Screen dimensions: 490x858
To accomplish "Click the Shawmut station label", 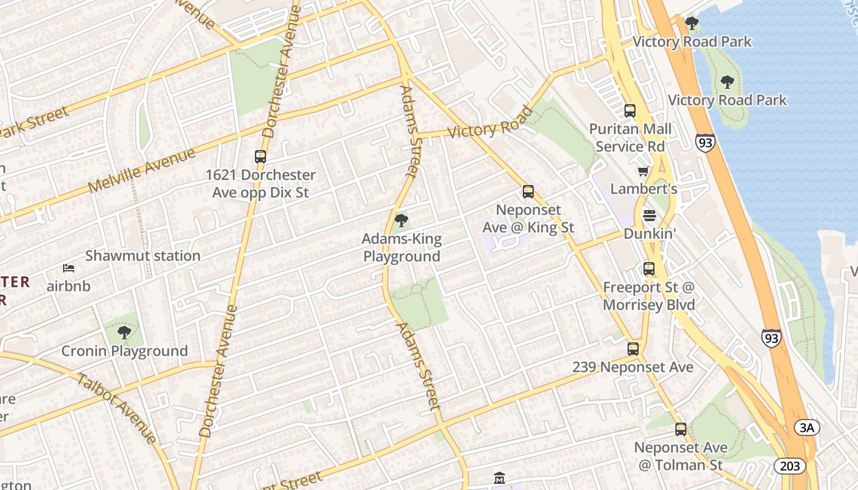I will [142, 256].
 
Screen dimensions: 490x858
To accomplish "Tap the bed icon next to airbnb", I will [69, 268].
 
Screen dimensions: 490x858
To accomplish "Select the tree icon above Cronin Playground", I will [124, 333].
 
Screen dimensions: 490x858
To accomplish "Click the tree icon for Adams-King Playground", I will [401, 220].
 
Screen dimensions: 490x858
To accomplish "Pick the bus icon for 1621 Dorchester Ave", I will [260, 157].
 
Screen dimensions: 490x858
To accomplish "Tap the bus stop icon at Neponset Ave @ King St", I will [528, 192].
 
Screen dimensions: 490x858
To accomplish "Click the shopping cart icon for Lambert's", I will [643, 171].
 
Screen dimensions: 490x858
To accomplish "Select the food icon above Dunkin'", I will [649, 216].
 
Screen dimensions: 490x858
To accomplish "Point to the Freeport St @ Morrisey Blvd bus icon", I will [649, 269].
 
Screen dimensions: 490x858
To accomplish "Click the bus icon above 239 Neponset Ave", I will [633, 349].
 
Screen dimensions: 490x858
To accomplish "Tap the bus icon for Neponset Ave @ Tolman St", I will [681, 429].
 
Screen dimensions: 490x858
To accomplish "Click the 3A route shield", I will [807, 428].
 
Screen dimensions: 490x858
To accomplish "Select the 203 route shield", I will [790, 466].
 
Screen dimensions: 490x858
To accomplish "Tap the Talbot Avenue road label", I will [116, 406].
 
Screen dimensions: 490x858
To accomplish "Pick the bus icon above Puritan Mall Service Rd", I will [630, 111].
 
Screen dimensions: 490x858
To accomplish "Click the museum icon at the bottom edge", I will [499, 478].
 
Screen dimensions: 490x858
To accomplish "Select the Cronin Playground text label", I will [124, 352].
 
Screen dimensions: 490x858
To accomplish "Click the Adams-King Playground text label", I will [401, 247].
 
